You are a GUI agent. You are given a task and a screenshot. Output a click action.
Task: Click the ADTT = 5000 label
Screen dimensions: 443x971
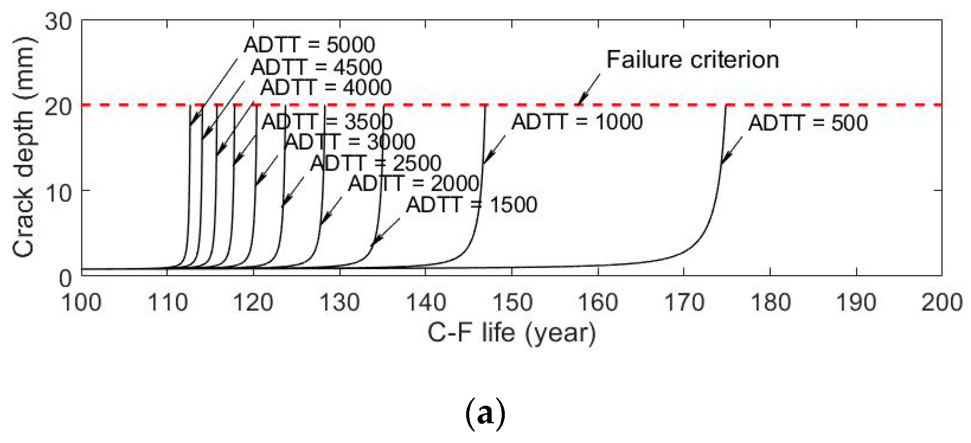[x=309, y=45]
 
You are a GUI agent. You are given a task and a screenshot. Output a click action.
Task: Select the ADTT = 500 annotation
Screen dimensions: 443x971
[x=808, y=123]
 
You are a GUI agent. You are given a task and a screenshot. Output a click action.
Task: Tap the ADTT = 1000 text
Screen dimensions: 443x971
[x=577, y=121]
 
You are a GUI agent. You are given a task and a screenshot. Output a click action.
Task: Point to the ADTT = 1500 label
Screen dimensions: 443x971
[x=471, y=205]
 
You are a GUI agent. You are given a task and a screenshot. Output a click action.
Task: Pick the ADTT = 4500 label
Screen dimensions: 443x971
[x=316, y=67]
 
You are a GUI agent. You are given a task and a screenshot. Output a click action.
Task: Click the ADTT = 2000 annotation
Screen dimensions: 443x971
[x=414, y=183]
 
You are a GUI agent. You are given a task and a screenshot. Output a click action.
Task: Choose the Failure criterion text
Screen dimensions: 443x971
[x=692, y=60]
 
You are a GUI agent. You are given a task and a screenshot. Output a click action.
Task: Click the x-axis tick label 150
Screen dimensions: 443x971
[x=512, y=303]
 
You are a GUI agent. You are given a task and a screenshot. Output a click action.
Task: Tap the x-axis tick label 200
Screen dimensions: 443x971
[x=942, y=303]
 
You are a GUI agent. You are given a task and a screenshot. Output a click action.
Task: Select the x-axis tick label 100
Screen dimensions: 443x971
[x=82, y=303]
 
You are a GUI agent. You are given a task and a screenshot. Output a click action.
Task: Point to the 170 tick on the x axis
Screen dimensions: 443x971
[x=684, y=303]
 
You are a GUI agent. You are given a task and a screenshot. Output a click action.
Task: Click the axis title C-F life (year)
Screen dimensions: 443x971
[x=511, y=333]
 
